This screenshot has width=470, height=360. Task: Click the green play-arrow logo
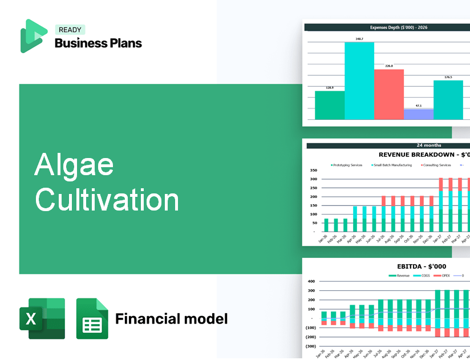click(x=33, y=36)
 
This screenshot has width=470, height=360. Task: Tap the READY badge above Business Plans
click(x=70, y=30)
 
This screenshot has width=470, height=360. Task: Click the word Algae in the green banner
click(x=74, y=166)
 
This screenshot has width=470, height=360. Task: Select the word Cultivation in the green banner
click(x=107, y=200)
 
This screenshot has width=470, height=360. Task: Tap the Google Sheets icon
click(x=92, y=318)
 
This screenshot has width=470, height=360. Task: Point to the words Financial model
click(x=171, y=318)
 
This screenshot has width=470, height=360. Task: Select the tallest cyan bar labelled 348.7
click(x=359, y=80)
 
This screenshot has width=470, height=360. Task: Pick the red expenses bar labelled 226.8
click(x=389, y=94)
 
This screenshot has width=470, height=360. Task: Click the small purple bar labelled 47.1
click(x=419, y=114)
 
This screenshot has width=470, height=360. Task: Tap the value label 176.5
click(x=448, y=77)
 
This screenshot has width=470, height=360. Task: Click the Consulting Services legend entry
click(x=436, y=165)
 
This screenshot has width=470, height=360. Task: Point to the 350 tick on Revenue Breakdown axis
click(x=313, y=170)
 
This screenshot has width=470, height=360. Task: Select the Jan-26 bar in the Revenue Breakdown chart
click(x=326, y=225)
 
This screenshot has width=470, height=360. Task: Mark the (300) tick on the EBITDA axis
click(x=311, y=346)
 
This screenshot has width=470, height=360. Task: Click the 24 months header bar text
click(x=428, y=145)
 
